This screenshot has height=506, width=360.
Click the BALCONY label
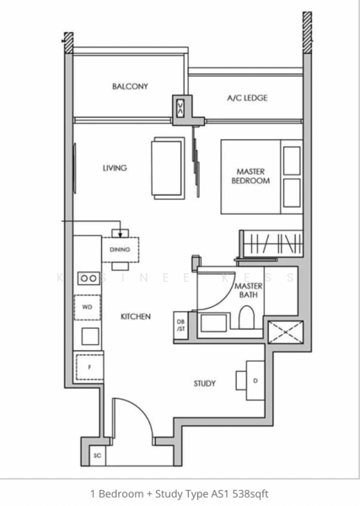coord(130,87)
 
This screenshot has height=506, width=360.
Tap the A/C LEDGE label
coord(247,98)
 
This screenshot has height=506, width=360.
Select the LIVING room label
coord(115,168)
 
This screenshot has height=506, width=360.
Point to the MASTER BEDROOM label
coord(253,176)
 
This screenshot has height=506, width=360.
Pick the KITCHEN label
coord(135,317)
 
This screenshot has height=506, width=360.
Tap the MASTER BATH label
coord(249,290)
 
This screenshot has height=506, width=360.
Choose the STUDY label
coord(204,384)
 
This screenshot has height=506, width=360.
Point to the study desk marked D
coord(255,379)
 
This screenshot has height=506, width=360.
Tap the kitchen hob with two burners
coord(88,277)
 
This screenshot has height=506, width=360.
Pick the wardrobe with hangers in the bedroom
coord(271,245)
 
